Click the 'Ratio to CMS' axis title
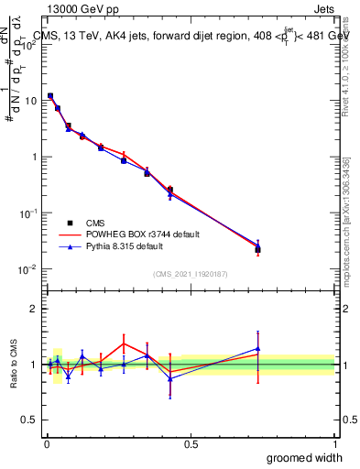[x=13, y=365]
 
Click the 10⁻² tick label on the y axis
[x=27, y=268]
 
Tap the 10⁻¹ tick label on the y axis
[x=27, y=213]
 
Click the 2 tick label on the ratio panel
[x=35, y=310]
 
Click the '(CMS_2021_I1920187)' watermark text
[x=190, y=274]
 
